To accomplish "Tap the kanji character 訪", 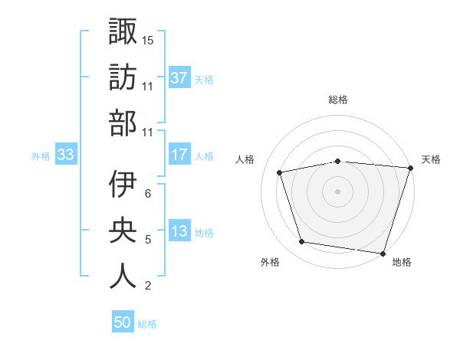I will (122, 77).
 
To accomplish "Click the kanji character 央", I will (122, 231).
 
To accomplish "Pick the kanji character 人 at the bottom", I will (122, 277).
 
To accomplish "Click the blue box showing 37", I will (179, 78).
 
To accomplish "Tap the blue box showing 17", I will (179, 155).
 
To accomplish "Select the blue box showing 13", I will (179, 231).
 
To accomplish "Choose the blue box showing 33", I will (65, 155).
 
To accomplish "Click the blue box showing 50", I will (123, 322).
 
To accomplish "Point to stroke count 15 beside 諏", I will (148, 39).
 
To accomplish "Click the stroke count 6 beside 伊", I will (148, 193).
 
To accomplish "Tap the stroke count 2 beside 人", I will (148, 286).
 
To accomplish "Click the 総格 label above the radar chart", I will (338, 100).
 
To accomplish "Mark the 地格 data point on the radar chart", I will (383, 253).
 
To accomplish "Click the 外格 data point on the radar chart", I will (302, 242).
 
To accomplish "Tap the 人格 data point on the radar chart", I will (281, 172).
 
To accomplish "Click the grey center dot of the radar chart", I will (338, 191).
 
